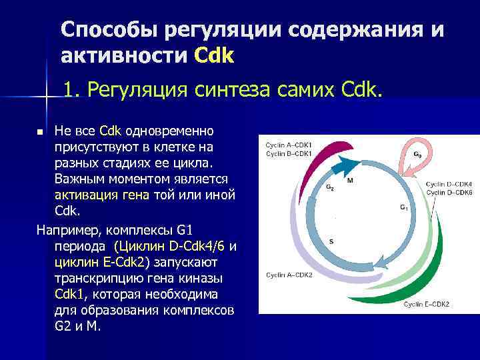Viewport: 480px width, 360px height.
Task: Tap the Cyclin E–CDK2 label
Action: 427,305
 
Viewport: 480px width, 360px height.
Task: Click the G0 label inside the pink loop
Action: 417,154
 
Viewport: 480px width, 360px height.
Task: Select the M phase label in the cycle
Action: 350,180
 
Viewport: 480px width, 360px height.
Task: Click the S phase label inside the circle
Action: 332,240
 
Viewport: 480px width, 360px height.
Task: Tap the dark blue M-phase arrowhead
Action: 345,163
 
